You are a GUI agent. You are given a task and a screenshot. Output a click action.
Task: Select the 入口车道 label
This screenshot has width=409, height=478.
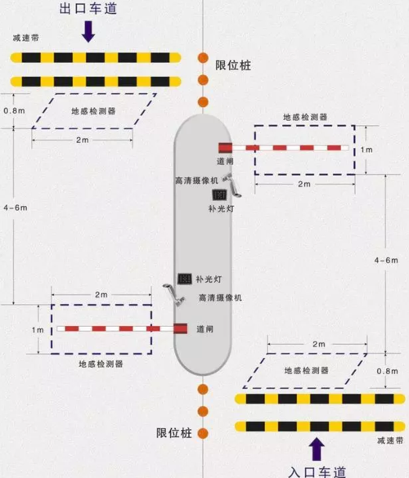[x=318, y=471]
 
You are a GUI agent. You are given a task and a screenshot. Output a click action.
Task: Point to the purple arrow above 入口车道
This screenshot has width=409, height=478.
[x=317, y=448]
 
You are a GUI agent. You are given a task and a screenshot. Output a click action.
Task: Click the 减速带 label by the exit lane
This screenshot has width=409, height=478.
[x=26, y=38]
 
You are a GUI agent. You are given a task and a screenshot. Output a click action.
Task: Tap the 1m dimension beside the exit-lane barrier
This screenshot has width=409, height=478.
[x=37, y=329]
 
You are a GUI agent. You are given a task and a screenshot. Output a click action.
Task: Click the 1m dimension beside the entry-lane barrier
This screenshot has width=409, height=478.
[x=366, y=150]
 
